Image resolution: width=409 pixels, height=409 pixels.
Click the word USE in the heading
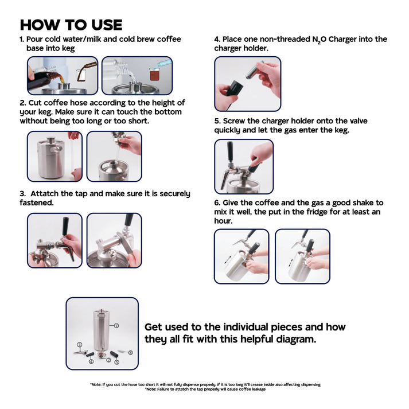107,25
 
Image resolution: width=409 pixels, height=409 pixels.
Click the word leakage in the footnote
259,389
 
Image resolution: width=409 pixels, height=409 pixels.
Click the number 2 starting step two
22,103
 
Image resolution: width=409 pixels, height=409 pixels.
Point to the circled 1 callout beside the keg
116,325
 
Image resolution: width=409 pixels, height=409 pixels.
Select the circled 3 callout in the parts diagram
80,345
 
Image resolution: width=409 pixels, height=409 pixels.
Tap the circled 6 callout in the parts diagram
130,353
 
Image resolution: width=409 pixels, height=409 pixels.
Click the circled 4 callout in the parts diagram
91,361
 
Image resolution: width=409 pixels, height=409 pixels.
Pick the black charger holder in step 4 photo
234,88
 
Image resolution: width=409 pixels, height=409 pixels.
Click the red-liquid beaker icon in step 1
154,74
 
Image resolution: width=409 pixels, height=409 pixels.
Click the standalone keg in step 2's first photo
50,158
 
